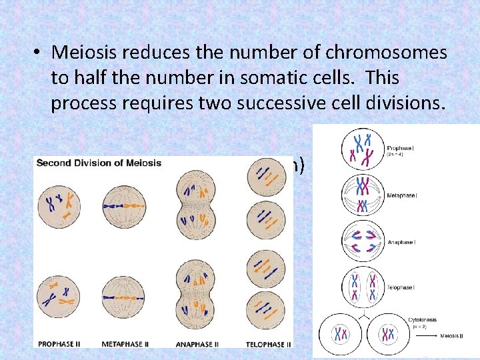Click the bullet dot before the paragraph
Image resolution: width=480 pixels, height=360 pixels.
tap(39, 53)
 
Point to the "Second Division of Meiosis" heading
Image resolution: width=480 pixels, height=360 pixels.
tap(99, 163)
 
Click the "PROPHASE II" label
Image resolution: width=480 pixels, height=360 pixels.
tap(60, 344)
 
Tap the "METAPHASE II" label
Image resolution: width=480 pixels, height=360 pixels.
tap(126, 344)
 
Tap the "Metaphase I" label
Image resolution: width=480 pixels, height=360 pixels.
tap(403, 196)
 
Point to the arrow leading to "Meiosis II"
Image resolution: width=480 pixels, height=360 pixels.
tap(429, 336)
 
